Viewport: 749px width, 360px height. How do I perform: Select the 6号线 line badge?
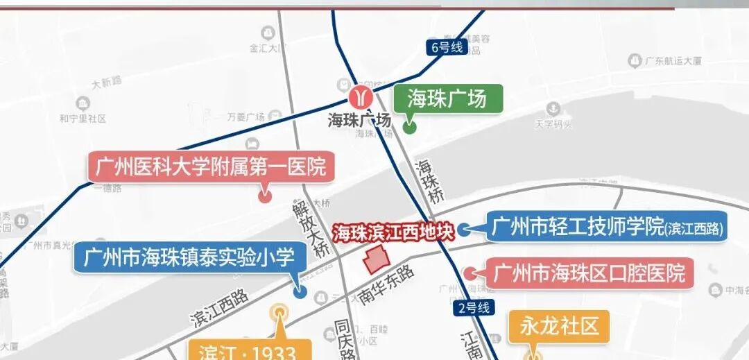tap(446, 47)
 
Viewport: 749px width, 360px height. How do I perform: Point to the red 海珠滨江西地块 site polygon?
tap(377, 261)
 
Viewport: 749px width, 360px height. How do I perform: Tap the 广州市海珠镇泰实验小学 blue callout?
tap(189, 258)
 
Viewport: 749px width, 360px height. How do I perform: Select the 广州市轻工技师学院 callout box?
tap(606, 227)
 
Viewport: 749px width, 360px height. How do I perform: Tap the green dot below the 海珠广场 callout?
tap(409, 127)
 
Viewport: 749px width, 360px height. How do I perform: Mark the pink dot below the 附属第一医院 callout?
tap(264, 196)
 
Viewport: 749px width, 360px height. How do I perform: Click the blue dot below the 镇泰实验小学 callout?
tap(300, 292)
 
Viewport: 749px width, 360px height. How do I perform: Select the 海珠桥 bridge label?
tap(429, 182)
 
